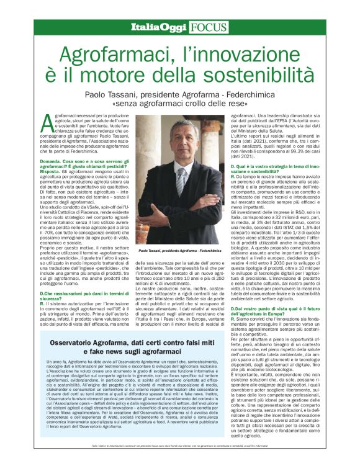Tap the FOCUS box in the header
click(x=205, y=27)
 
